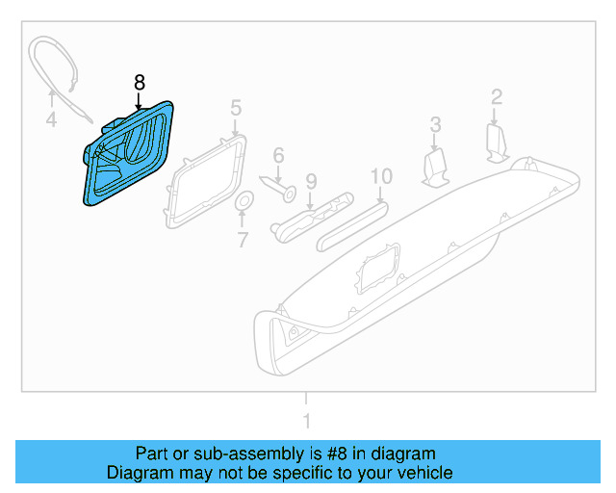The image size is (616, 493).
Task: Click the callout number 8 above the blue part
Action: (140, 83)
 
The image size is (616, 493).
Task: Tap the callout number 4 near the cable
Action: (51, 120)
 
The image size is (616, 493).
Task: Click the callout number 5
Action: (236, 106)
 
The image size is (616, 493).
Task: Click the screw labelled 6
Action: (280, 187)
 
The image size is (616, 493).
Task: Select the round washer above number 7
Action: (244, 201)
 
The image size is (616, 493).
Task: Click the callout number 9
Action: (310, 181)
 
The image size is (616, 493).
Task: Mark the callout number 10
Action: (381, 176)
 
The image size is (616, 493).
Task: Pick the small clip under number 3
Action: (436, 167)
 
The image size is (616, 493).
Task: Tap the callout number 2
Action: (497, 96)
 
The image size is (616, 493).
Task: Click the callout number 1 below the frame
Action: (306, 421)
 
